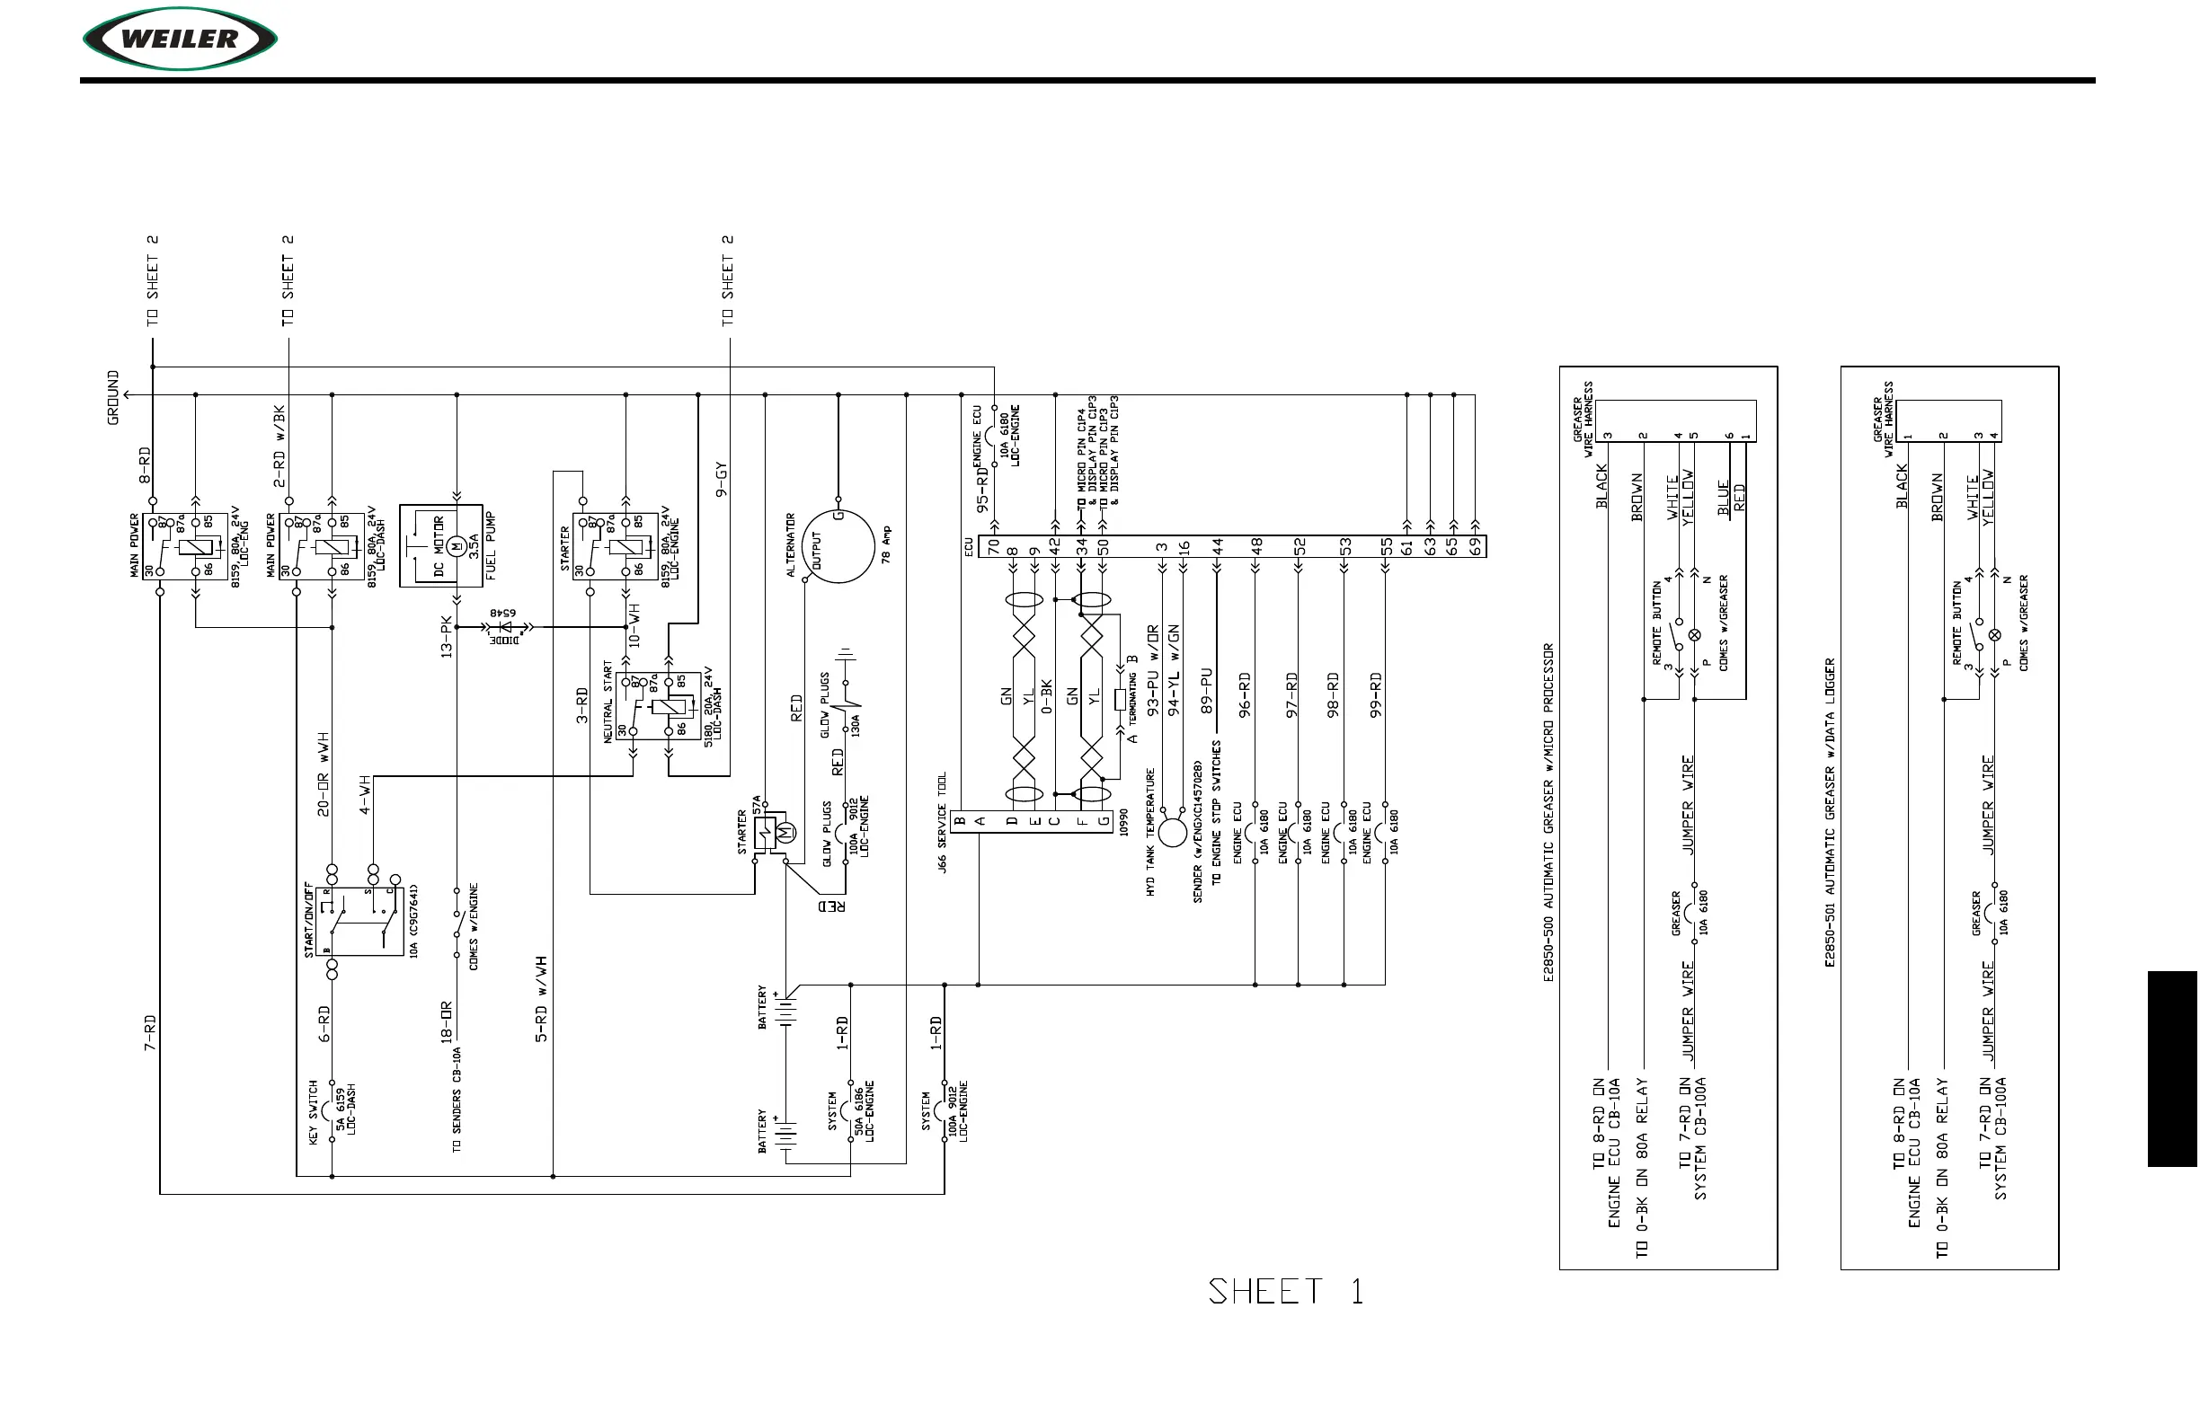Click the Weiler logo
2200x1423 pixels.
pyautogui.click(x=181, y=39)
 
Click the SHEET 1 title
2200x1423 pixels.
pyautogui.click(x=1285, y=1291)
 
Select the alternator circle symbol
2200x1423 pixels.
pyautogui.click(x=838, y=547)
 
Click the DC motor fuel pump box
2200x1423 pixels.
pyautogui.click(x=441, y=545)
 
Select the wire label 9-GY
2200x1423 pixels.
pyautogui.click(x=722, y=480)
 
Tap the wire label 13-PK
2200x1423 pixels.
pyautogui.click(x=447, y=636)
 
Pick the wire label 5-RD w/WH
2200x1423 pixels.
pyautogui.click(x=541, y=999)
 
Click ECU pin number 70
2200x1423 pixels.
pyautogui.click(x=994, y=547)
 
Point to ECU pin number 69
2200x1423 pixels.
pyautogui.click(x=1477, y=547)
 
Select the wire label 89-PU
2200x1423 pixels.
pyautogui.click(x=1206, y=691)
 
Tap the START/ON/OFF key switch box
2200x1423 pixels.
pyautogui.click(x=359, y=921)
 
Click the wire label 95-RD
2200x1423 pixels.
pyautogui.click(x=981, y=489)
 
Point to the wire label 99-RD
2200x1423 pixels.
pyautogui.click(x=1376, y=694)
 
